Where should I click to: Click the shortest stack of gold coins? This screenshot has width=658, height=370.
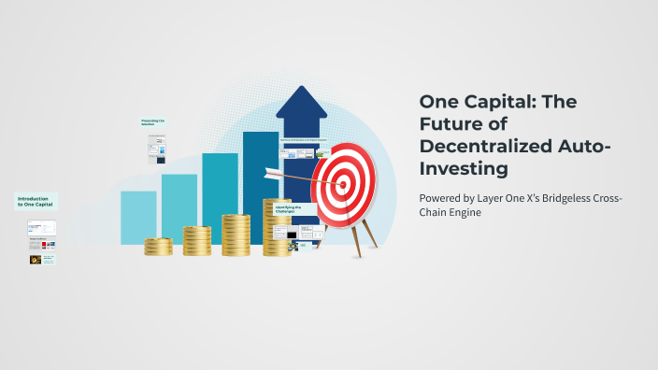pyautogui.click(x=158, y=247)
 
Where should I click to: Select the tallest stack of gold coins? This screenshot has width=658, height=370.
pyautogui.click(x=277, y=229)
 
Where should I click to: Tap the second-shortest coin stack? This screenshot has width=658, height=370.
pyautogui.click(x=196, y=241)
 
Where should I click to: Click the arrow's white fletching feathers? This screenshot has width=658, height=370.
pyautogui.click(x=274, y=172)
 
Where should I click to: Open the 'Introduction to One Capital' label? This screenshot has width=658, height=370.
pyautogui.click(x=36, y=201)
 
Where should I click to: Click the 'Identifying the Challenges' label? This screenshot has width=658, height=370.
pyautogui.click(x=288, y=209)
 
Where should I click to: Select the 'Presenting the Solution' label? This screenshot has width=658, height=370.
pyautogui.click(x=152, y=122)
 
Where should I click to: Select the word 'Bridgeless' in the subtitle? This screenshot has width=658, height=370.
pyautogui.click(x=566, y=198)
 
